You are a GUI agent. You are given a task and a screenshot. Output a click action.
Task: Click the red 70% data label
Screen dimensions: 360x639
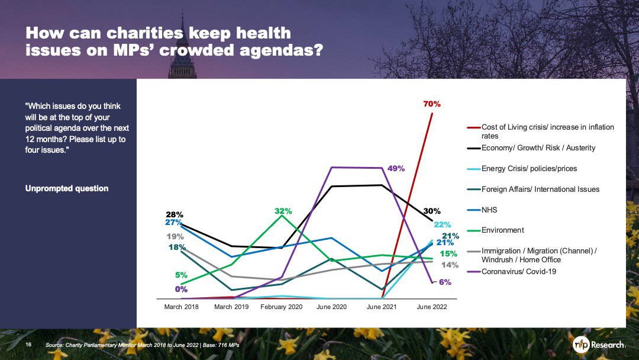[432, 104]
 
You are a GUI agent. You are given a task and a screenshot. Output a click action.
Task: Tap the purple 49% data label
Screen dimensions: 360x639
[396, 169]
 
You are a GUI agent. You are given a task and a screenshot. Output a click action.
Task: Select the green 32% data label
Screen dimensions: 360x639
[283, 210]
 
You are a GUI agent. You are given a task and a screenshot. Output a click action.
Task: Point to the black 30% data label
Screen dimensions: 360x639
[432, 210]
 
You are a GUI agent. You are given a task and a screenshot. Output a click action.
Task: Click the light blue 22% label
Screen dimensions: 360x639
[443, 224]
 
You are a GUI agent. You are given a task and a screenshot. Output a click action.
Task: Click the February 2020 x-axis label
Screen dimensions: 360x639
[282, 307]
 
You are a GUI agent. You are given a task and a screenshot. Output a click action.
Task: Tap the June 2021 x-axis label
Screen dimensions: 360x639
[382, 307]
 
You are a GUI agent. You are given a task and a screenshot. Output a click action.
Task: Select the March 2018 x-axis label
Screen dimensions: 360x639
[181, 307]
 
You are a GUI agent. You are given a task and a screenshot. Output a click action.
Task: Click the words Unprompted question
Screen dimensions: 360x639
[67, 188]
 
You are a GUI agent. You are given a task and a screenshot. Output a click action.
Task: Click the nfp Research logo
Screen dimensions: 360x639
[599, 345]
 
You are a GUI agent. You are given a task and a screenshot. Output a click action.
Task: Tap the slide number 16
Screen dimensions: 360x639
[28, 345]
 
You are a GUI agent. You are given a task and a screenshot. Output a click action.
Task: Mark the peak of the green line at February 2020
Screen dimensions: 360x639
[282, 216]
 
